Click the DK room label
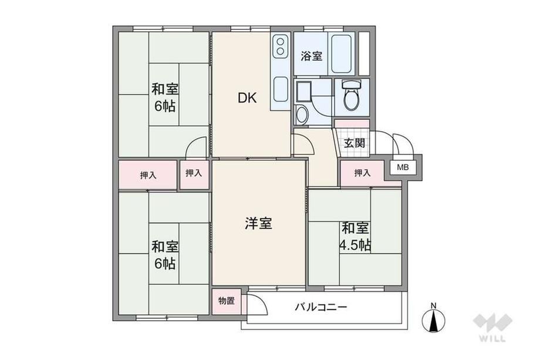click(247, 98)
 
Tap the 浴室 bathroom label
click(311, 56)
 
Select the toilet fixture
click(351, 95)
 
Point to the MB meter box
click(403, 168)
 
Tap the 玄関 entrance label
click(355, 143)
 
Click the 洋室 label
click(258, 223)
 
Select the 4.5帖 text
click(355, 245)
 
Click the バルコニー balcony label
click(320, 307)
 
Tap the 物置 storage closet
click(227, 301)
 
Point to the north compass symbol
click(434, 319)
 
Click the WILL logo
click(492, 328)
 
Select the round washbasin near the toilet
click(302, 114)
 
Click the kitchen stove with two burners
click(281, 46)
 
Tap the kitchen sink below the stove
click(281, 89)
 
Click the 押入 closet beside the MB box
click(362, 173)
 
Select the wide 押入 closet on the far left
click(148, 174)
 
